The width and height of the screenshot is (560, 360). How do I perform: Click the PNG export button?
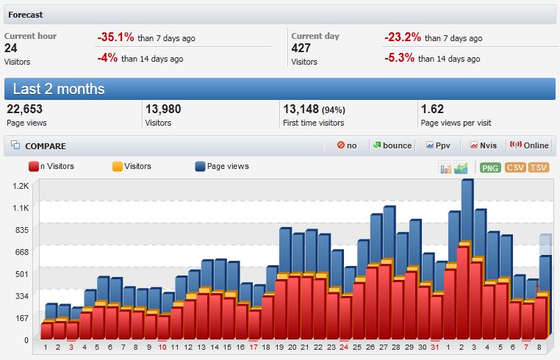[490, 168]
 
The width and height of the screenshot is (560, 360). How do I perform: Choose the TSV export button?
[539, 168]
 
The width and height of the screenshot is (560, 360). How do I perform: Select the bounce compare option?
[392, 145]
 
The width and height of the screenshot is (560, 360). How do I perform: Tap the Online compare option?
[529, 145]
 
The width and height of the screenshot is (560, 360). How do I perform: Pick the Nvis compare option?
[484, 145]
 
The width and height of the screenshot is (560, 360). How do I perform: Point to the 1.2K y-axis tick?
[20, 186]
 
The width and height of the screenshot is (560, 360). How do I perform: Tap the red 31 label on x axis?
[434, 347]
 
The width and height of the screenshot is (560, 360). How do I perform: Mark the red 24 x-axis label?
[343, 347]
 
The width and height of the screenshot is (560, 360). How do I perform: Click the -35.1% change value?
[115, 37]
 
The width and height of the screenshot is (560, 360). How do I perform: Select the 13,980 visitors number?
[163, 109]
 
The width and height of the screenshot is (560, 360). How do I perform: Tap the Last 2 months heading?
[59, 89]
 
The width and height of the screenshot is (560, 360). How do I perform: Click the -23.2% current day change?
[402, 37]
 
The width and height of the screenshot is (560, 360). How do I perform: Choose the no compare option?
[347, 145]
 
